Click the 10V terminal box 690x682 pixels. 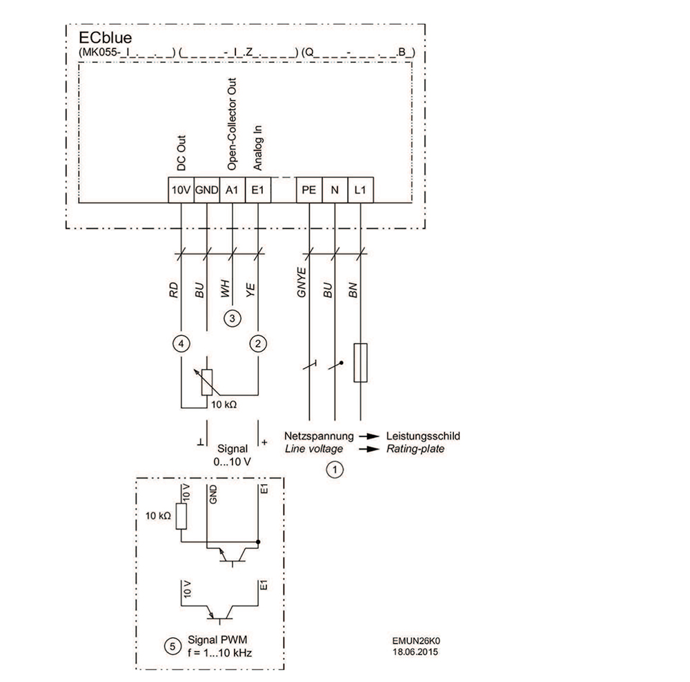(181, 190)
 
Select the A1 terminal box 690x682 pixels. (232, 190)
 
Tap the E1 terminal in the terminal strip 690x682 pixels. (257, 190)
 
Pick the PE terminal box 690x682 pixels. (309, 190)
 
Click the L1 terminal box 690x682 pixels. (359, 190)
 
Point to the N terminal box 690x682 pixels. (335, 190)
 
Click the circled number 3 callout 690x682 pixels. (233, 319)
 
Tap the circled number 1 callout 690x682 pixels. (335, 470)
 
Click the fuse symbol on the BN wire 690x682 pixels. (359, 362)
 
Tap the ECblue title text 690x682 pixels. (97, 39)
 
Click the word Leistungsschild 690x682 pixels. (423, 436)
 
